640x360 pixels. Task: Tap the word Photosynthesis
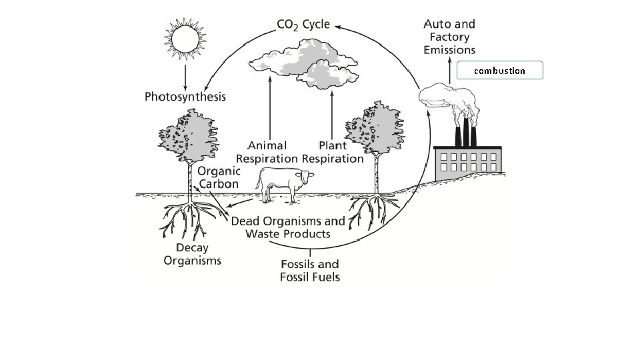point(185,97)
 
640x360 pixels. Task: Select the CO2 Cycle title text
point(303,25)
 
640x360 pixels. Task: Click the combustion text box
point(499,71)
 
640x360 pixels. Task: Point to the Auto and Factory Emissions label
point(449,37)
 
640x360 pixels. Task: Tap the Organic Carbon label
point(218,177)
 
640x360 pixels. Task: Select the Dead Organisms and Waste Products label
point(288,227)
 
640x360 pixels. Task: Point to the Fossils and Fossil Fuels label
point(310,270)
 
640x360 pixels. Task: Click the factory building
point(467,163)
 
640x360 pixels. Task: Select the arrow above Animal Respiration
point(269,107)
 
